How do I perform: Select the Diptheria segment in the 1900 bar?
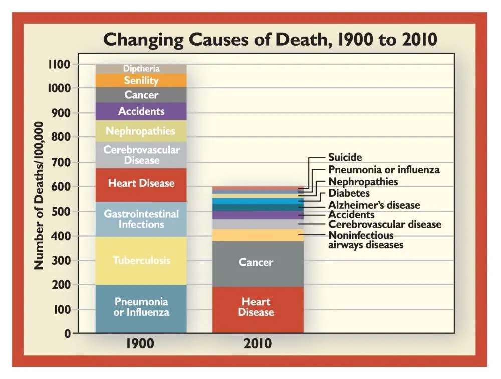point(141,69)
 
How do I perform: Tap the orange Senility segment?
point(141,81)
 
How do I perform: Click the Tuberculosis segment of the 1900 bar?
point(141,260)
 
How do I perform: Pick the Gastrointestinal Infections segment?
point(141,219)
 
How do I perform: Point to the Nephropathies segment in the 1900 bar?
point(141,131)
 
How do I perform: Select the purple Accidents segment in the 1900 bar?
point(141,111)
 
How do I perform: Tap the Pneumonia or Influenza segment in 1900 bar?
point(141,307)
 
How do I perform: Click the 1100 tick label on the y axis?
point(59,64)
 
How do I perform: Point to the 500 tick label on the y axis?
point(62,211)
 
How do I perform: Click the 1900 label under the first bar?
point(140,344)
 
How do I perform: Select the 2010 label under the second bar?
point(258,344)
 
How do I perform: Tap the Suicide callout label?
point(345,158)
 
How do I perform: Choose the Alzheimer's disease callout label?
point(374,205)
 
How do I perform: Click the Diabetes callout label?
point(349,193)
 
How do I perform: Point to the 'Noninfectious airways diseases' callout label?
point(366,240)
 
